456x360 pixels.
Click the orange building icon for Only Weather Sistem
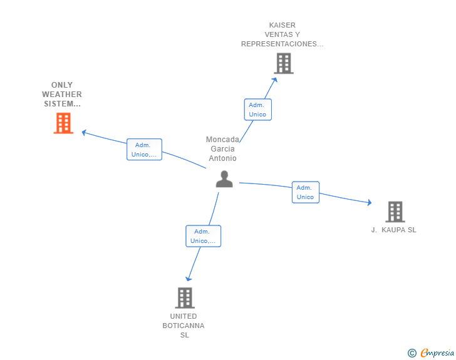pos(63,123)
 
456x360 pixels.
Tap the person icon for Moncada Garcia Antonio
pos(224,179)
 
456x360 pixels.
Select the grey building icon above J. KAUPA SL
pos(395,212)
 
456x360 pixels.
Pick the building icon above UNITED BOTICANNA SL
pos(185,298)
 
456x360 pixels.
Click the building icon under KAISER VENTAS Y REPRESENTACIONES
pos(283,63)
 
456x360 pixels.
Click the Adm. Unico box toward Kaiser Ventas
pos(257,110)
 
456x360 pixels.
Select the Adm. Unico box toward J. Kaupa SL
pos(305,192)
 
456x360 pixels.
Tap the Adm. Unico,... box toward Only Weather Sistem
pos(144,150)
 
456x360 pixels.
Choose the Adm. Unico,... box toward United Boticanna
pos(203,236)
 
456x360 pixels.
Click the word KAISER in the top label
pos(282,26)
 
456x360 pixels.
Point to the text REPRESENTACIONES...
pos(282,44)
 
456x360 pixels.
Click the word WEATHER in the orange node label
pos(62,95)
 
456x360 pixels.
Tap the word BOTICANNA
pos(184,326)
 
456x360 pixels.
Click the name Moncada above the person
pos(222,140)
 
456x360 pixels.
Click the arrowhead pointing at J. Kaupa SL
pos(369,202)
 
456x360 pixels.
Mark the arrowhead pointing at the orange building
pos(84,132)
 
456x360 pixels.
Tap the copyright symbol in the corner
pos(412,353)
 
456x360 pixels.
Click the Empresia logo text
pos(438,353)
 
